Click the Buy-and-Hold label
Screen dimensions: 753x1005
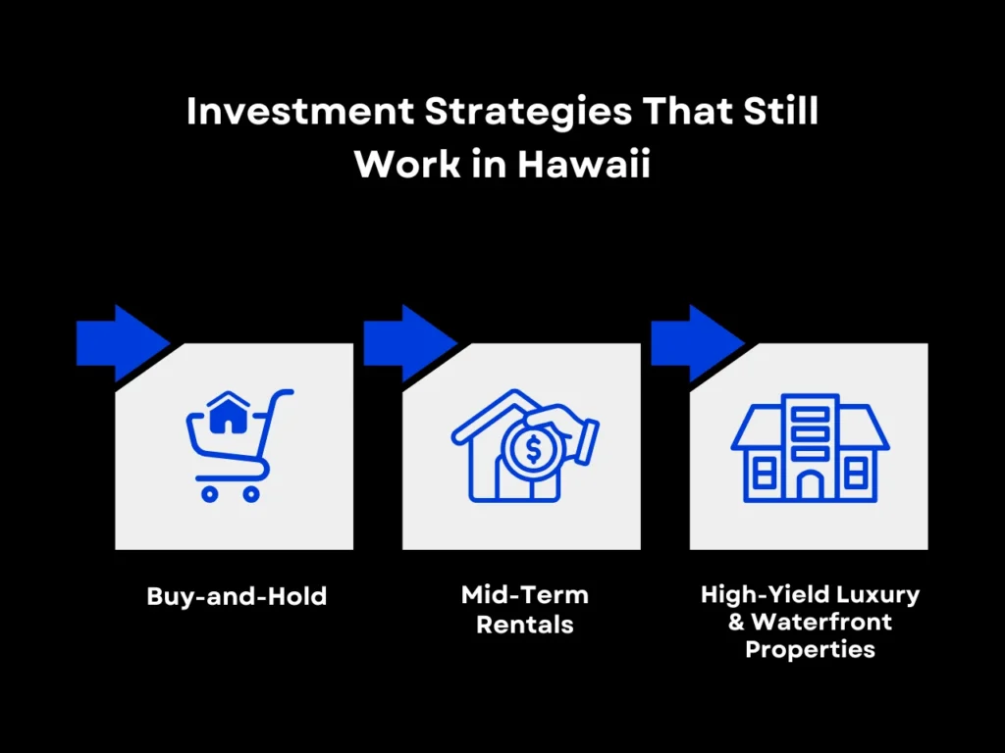237,595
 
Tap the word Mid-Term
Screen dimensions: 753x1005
524,595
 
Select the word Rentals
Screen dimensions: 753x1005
524,624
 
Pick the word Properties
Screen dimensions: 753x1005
810,648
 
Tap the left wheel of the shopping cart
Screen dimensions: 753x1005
208,493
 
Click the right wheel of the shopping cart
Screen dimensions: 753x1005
251,493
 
